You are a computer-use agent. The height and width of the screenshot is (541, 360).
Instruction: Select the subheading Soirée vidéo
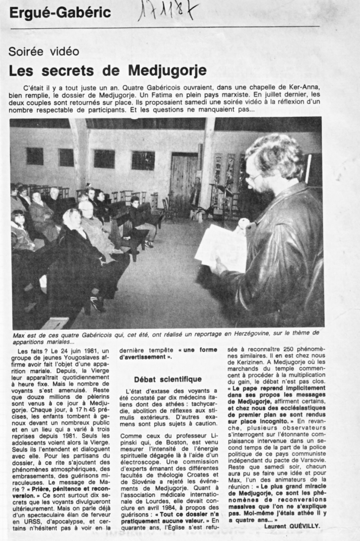pos(44,51)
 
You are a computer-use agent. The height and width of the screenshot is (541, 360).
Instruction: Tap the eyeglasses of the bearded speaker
pos(255,177)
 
